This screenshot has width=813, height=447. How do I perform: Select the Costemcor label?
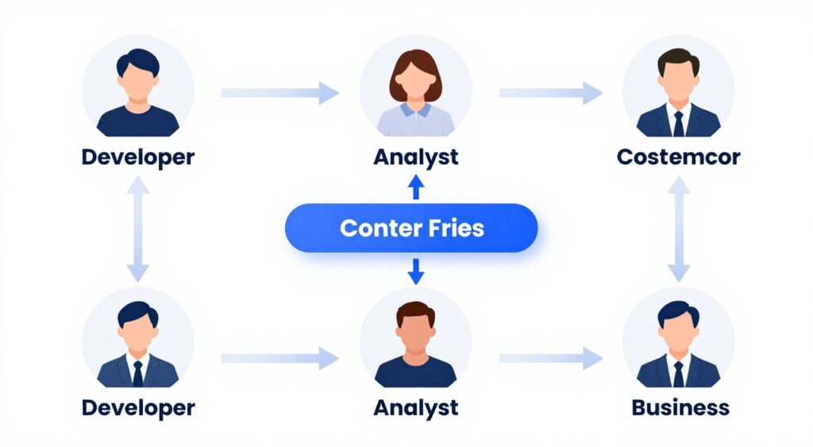[x=678, y=156]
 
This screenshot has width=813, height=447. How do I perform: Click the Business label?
[x=680, y=408]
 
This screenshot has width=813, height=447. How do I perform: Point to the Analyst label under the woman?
[x=415, y=156]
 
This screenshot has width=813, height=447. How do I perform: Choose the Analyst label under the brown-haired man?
[x=415, y=408]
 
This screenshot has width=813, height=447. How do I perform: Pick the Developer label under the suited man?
[x=137, y=408]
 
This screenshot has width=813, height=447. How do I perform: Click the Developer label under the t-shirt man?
[x=137, y=156]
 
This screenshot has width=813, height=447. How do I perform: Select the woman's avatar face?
[x=415, y=80]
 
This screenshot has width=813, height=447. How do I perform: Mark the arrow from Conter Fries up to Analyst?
[x=415, y=187]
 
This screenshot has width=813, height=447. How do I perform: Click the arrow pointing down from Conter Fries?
[x=415, y=272]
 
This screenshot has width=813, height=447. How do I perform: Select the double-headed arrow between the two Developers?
[x=137, y=229]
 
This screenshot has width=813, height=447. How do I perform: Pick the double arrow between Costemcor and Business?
[x=678, y=229]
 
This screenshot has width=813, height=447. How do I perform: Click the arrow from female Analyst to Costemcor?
[x=549, y=93]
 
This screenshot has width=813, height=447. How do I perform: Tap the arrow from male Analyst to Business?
[x=549, y=358]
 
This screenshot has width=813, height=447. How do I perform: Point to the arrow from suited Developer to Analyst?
[x=279, y=358]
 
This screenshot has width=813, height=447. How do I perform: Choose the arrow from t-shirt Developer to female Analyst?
[x=279, y=93]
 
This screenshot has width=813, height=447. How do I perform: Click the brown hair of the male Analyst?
[x=415, y=311]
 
